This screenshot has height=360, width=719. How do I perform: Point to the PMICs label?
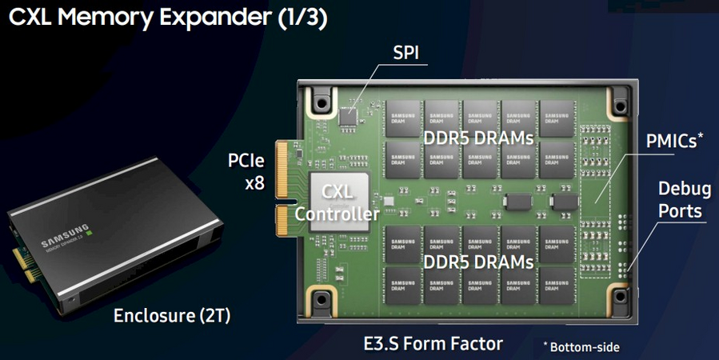click(675, 142)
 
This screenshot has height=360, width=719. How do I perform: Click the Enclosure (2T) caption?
click(172, 315)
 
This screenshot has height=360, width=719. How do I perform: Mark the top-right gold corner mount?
click(621, 101)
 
